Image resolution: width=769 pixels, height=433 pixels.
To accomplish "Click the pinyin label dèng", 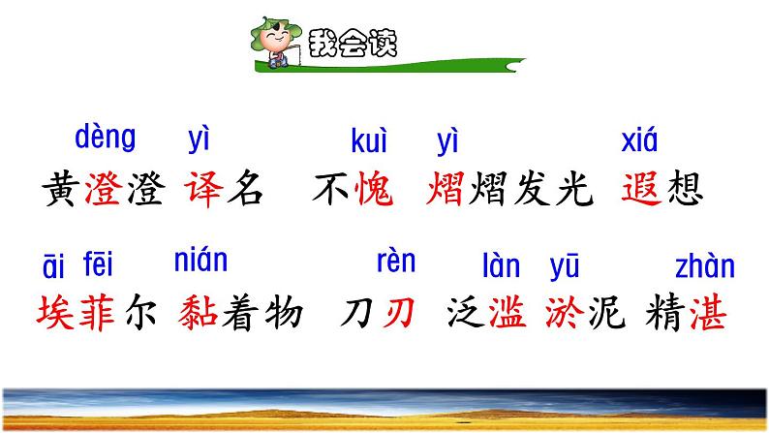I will coord(106,139).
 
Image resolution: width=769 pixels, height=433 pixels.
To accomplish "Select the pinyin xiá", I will coord(638,142).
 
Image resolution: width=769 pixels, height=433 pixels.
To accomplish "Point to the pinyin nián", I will coord(200,261).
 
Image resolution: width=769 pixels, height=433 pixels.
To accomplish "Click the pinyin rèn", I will coord(395,261).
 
